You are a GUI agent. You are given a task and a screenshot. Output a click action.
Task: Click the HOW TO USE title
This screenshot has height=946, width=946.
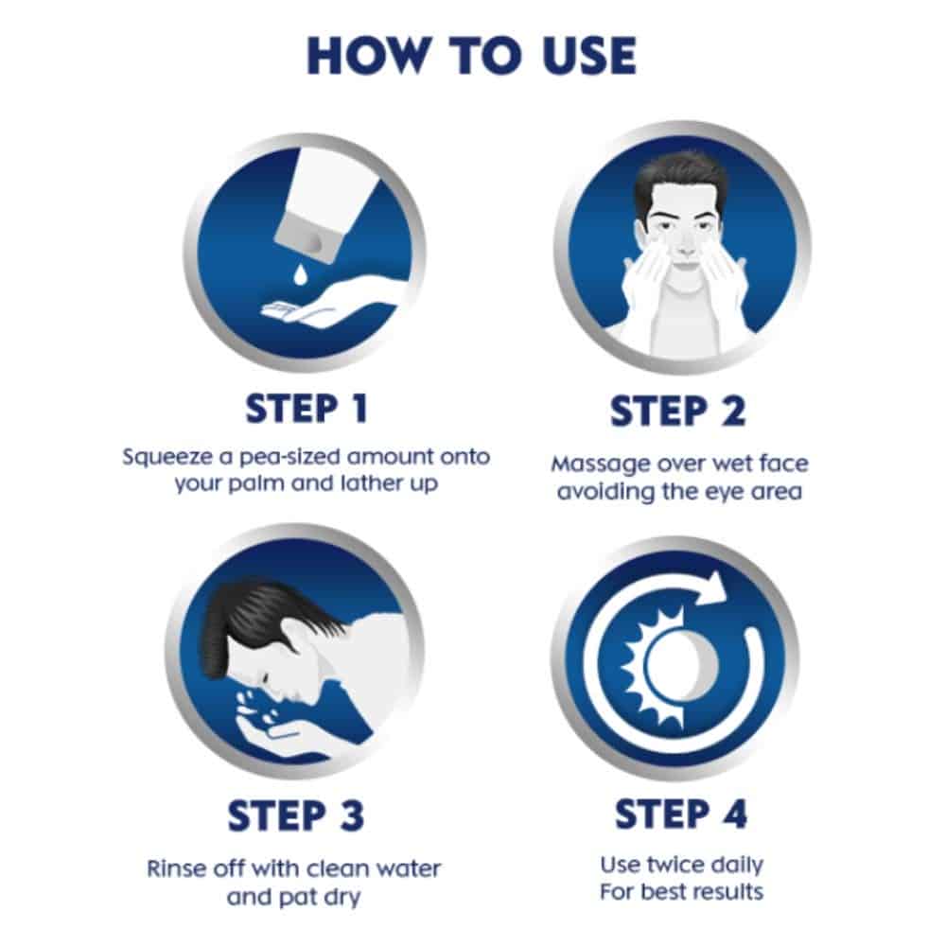pyautogui.click(x=472, y=56)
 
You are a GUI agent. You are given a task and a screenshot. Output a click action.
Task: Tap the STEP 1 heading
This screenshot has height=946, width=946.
pyautogui.click(x=307, y=409)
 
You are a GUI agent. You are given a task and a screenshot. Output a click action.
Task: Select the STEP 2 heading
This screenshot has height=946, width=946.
pyautogui.click(x=678, y=412)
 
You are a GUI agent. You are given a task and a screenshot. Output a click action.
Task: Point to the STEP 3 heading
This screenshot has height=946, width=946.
pyautogui.click(x=295, y=815)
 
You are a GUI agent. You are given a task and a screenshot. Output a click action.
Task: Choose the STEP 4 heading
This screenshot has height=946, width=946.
pyautogui.click(x=681, y=814)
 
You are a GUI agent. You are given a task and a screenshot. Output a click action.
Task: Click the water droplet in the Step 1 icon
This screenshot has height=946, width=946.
pyautogui.click(x=299, y=274)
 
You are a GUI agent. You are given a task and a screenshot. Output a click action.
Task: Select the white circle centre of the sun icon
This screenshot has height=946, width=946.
pyautogui.click(x=681, y=664)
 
